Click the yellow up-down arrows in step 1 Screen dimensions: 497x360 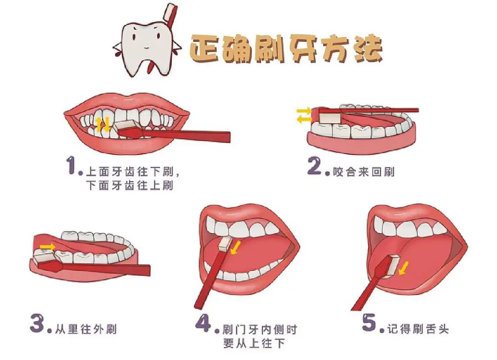(x=103, y=124)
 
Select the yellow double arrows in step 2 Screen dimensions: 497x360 (x=304, y=115)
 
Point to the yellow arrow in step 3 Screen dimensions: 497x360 (x=47, y=246)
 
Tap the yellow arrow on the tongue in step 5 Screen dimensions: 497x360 (x=404, y=268)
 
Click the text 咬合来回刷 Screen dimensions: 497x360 (x=364, y=172)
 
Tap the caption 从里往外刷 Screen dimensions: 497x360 (x=86, y=329)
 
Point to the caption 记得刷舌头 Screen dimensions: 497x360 (x=418, y=329)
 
